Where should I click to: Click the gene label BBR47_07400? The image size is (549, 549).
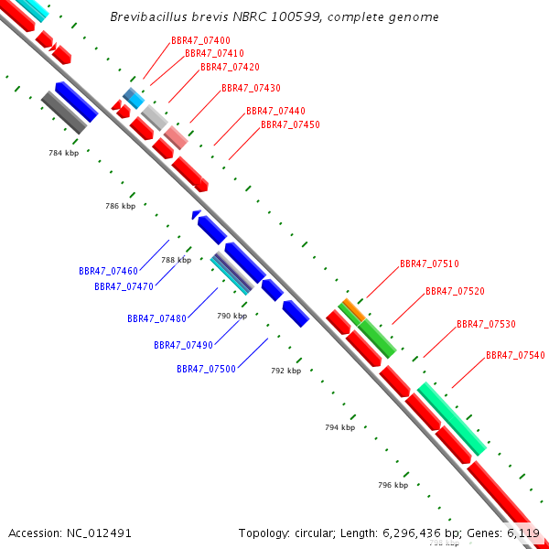pyautogui.click(x=200, y=41)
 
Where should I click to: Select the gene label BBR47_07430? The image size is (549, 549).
pyautogui.click(x=251, y=89)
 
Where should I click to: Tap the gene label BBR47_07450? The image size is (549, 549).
pyautogui.click(x=290, y=125)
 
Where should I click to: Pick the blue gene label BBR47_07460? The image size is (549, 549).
pyautogui.click(x=108, y=272)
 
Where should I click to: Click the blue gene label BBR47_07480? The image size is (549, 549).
pyautogui.click(x=156, y=319)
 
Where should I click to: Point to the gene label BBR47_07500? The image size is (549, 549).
pyautogui.click(x=206, y=370)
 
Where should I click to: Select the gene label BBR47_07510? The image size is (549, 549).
pyautogui.click(x=429, y=264)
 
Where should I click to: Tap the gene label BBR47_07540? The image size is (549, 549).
pyautogui.click(x=515, y=356)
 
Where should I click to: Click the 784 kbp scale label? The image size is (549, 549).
pyautogui.click(x=63, y=153)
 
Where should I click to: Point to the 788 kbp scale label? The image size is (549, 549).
pyautogui.click(x=176, y=261)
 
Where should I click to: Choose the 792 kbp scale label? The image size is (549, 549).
pyautogui.click(x=285, y=371)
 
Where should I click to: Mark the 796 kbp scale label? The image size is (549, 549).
pyautogui.click(x=393, y=485)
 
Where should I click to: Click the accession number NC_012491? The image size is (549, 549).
pyautogui.click(x=101, y=533)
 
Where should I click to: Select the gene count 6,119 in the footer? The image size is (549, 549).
pyautogui.click(x=522, y=533)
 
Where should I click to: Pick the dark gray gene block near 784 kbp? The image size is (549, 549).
pyautogui.click(x=63, y=113)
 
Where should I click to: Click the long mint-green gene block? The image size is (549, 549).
pyautogui.click(x=451, y=419)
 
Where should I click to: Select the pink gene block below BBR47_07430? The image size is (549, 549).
pyautogui.click(x=176, y=137)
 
